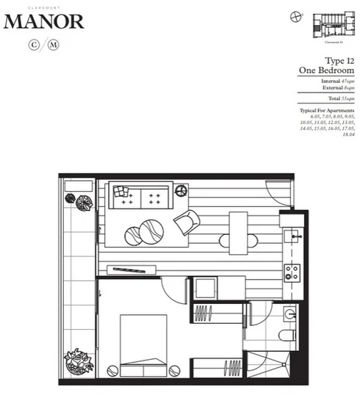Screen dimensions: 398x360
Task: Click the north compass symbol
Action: pyautogui.click(x=295, y=15)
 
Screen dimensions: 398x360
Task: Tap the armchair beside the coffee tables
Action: pyautogui.click(x=186, y=220)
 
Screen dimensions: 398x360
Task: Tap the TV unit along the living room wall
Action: pyautogui.click(x=133, y=269)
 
